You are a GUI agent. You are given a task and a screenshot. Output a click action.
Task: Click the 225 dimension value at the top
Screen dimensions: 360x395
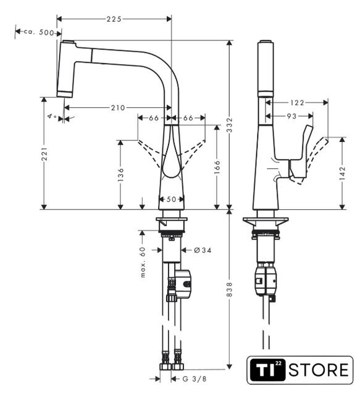(x=114, y=19)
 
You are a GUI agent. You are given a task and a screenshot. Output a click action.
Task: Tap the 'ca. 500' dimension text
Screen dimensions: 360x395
(x=39, y=32)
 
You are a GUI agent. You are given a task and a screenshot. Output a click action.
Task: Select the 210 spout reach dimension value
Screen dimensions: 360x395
(x=118, y=108)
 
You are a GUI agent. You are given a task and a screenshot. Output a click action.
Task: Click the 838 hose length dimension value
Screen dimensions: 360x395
(x=230, y=289)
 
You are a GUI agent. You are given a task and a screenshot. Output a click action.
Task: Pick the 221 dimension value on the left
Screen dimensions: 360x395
(x=44, y=154)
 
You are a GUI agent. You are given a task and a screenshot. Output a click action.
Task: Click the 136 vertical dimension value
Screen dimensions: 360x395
(x=121, y=175)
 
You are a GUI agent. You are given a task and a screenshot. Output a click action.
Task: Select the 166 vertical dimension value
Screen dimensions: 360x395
(x=217, y=167)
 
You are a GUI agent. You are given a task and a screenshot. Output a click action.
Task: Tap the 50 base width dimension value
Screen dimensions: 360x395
(x=171, y=199)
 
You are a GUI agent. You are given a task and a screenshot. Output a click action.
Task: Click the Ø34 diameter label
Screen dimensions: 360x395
(x=203, y=250)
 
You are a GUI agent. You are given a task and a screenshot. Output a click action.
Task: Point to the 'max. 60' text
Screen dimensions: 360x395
(x=143, y=262)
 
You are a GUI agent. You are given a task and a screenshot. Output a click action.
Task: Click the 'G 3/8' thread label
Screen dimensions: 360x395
(x=194, y=378)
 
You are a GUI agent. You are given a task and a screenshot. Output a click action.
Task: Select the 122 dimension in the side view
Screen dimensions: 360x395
(x=297, y=102)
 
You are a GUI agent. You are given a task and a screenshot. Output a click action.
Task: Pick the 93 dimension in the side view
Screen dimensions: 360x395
(x=291, y=116)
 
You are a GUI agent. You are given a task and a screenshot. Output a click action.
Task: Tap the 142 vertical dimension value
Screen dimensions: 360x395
(x=342, y=173)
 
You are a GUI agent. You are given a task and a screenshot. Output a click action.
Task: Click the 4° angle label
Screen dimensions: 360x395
(x=52, y=117)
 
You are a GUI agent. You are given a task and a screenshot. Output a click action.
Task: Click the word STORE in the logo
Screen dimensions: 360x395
(x=319, y=370)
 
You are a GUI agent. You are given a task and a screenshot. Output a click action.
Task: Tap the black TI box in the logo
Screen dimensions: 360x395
(x=268, y=370)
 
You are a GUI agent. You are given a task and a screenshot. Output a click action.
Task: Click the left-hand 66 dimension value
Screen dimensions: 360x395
(x=154, y=118)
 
